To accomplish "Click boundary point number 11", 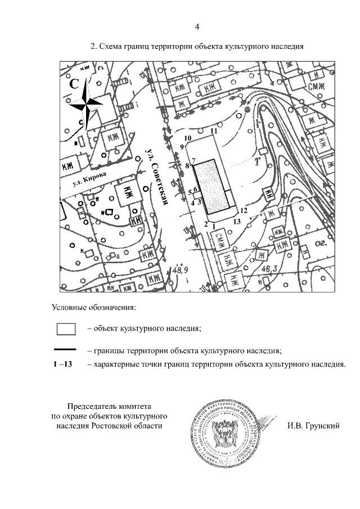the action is (214, 131).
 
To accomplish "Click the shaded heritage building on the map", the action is (214, 186).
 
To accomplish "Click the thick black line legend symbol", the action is (66, 350).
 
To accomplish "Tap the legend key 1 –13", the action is (62, 364).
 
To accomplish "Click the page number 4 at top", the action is (197, 26).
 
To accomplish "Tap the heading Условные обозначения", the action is (94, 308).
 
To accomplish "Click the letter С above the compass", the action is (74, 84).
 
